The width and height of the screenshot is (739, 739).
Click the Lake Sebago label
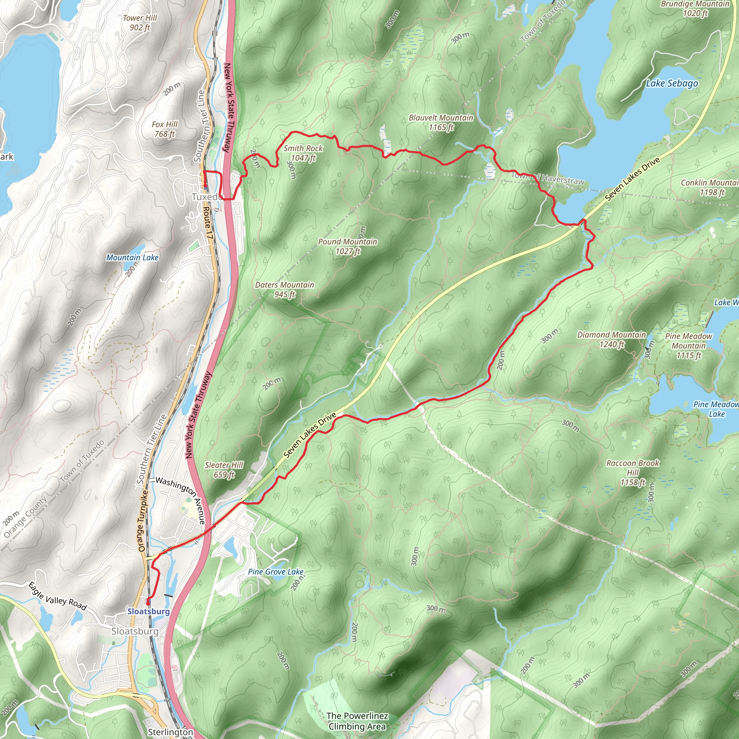[672, 83]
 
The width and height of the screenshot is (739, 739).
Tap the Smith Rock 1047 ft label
[303, 153]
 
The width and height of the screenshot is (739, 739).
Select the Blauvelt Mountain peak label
[441, 122]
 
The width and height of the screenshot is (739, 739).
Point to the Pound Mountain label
[347, 246]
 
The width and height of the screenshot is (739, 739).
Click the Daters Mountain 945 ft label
[284, 289]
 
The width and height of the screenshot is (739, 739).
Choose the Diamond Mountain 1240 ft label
[611, 339]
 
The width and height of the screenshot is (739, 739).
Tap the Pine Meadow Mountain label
[688, 346]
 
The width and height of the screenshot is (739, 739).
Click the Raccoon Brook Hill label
[633, 472]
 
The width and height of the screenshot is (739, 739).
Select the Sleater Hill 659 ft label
[224, 470]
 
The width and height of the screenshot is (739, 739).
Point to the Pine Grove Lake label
[275, 572]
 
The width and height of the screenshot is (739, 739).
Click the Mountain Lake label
[132, 257]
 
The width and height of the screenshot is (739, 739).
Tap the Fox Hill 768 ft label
[165, 129]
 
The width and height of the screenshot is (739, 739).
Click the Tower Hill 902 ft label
[140, 23]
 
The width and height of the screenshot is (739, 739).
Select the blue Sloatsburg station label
[148, 611]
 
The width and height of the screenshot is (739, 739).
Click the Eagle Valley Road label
[57, 596]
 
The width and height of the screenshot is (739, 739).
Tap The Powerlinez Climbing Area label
[357, 721]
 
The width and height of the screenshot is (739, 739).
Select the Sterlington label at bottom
[170, 732]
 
